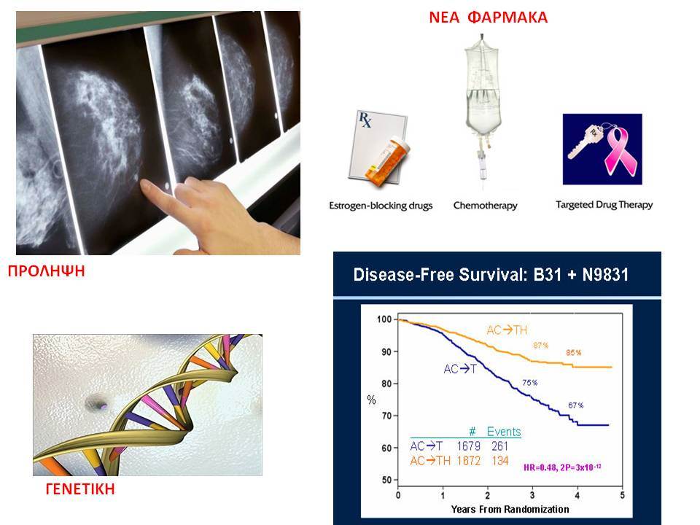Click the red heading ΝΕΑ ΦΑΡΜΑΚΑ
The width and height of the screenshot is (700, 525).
click(488, 17)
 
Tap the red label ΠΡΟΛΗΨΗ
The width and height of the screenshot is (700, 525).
click(47, 271)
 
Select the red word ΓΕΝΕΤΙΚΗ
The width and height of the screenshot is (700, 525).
click(80, 489)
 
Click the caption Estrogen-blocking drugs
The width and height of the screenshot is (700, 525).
click(381, 206)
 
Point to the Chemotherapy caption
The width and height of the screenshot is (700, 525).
click(486, 206)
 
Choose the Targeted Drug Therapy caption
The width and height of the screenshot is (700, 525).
click(604, 205)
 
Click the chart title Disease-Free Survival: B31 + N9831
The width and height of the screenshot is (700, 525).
click(491, 275)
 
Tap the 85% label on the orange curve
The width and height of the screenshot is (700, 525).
click(574, 353)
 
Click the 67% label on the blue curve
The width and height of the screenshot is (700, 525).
click(575, 405)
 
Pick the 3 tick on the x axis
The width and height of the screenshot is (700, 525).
click(532, 494)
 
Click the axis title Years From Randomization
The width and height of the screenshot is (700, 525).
click(510, 510)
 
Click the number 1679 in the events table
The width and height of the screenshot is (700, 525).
click(468, 446)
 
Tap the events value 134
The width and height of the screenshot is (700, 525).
click(500, 461)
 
